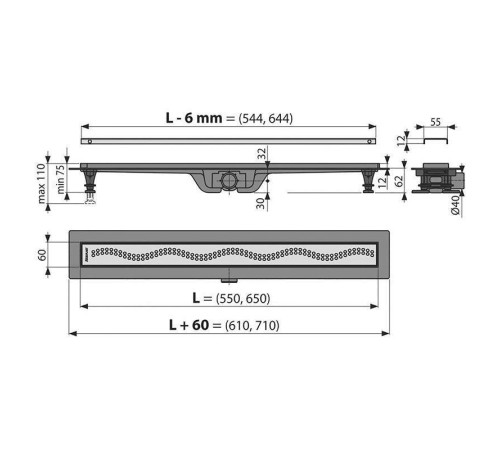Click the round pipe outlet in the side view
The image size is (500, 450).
231,181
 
